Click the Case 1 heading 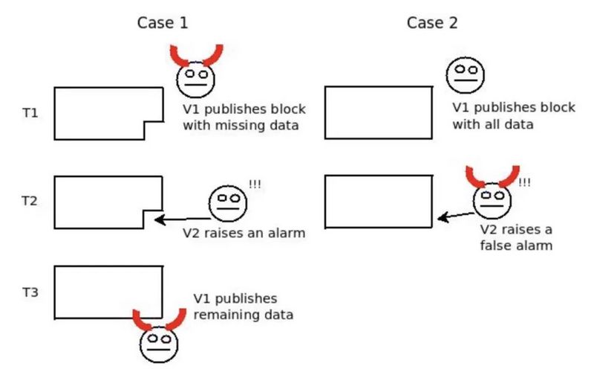pos(163,22)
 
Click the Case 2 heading pos(432,22)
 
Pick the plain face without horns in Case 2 pos(465,74)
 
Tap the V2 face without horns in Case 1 pos(227,202)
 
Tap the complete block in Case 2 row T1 pos(379,112)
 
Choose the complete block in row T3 pos(108,292)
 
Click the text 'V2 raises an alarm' pos(244,234)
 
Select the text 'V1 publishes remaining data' pos(243,307)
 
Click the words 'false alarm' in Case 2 pos(516,245)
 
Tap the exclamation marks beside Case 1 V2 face pos(255,184)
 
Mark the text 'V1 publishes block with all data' pos(513,116)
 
